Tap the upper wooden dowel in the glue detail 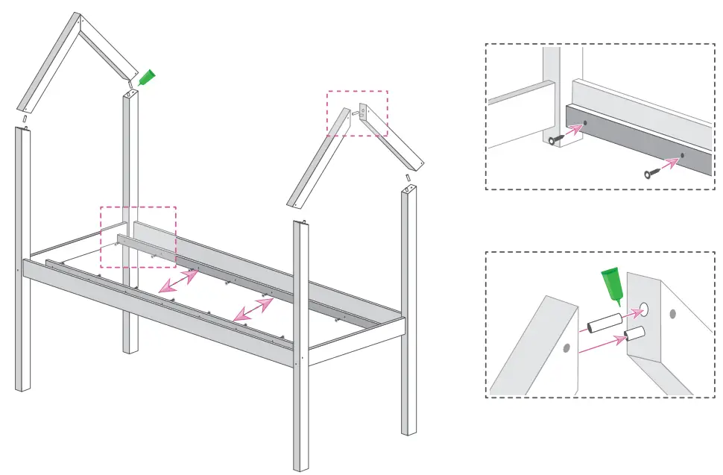602,324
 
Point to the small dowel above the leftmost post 25,119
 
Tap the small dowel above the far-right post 408,178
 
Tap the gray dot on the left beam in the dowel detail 566,347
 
